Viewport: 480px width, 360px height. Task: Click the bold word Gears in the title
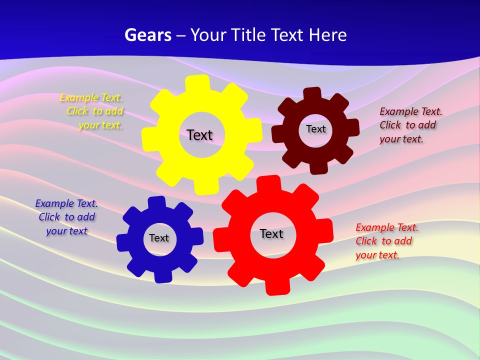coord(147,35)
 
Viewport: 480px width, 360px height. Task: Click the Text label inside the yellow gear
coord(199,135)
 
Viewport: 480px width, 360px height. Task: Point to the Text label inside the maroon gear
coord(315,129)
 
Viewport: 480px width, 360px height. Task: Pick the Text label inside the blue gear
coord(158,238)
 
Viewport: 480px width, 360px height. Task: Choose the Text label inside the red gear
coord(271,233)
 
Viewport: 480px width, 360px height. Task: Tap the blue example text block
coord(66,217)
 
